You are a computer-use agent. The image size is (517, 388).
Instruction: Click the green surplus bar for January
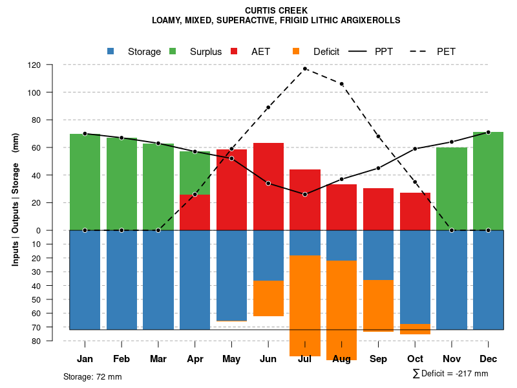[85, 182]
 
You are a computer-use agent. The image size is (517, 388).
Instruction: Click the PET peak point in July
[305, 69]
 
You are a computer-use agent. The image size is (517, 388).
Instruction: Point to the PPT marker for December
[488, 132]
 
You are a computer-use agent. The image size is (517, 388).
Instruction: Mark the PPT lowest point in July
[305, 194]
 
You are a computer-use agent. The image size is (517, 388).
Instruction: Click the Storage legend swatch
[111, 51]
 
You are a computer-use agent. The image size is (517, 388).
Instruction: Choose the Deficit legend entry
[326, 52]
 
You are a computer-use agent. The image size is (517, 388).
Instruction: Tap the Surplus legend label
[206, 52]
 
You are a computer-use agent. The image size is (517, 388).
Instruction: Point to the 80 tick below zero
[36, 341]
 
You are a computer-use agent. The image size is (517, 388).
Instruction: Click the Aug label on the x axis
[342, 359]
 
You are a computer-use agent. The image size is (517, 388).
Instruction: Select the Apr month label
[195, 359]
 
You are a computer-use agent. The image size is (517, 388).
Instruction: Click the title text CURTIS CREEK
[276, 10]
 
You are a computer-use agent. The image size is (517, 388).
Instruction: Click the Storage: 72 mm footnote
[92, 376]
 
